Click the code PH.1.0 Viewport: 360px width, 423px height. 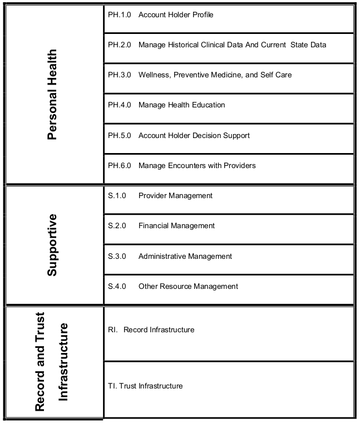[119, 14]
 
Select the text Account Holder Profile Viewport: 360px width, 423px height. [176, 14]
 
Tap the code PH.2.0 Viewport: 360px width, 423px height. [119, 45]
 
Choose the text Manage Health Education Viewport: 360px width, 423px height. [181, 105]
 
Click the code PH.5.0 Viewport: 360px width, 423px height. [119, 135]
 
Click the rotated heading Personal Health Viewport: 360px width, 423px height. [52, 95]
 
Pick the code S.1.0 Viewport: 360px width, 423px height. [117, 195]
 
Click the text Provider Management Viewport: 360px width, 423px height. [175, 195]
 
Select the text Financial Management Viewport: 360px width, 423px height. [176, 226]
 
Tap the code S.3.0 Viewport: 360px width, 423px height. [117, 256]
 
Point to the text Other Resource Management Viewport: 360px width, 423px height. [188, 286]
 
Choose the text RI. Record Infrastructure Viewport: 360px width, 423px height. [151, 329]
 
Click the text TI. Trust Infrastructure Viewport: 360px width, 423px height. [145, 386]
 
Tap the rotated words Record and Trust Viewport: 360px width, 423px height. [41, 362]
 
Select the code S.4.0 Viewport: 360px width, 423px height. [117, 286]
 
